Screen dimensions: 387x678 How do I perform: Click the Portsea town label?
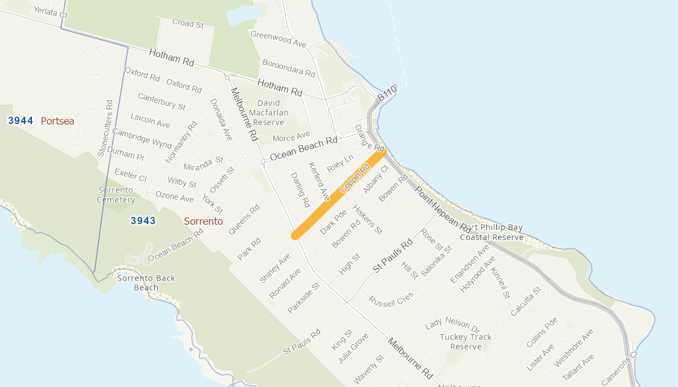pos(57,121)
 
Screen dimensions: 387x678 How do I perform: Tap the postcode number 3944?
pos(20,121)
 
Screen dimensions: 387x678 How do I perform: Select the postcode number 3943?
pos(143,221)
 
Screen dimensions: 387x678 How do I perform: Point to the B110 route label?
pos(387,94)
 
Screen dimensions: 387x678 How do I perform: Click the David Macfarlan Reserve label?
pos(269,113)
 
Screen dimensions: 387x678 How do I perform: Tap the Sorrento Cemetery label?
pos(116,195)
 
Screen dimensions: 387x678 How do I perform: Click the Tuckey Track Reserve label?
pos(466,341)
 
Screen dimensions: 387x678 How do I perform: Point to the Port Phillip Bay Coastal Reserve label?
pos(491,232)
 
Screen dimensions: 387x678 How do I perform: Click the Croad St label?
pos(188,24)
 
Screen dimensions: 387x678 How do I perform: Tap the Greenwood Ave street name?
pos(278,39)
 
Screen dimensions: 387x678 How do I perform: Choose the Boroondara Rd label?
pos(289,68)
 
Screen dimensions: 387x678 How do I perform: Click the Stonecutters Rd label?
pos(106,128)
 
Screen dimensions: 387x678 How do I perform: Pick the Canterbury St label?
pos(161,101)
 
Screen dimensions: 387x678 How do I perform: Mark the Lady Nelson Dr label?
pos(453,324)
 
